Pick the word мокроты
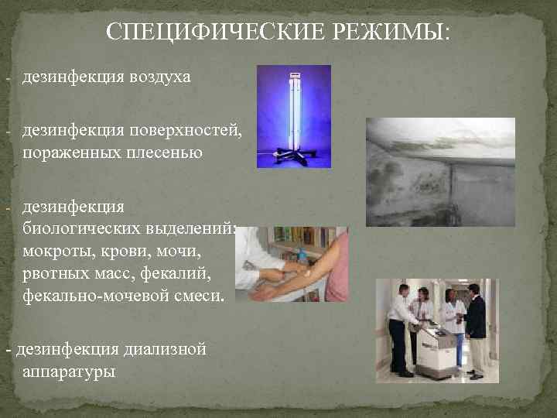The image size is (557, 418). (54, 251)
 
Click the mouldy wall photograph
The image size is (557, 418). (440, 171)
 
